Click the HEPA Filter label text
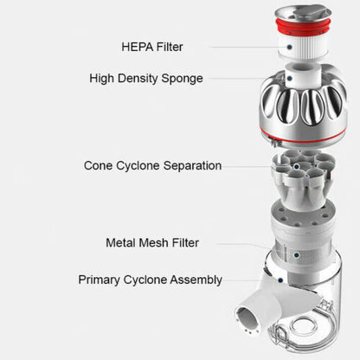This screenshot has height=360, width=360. pyautogui.click(x=152, y=47)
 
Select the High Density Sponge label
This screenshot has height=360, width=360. pyautogui.click(x=146, y=79)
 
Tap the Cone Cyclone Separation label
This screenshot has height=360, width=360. pyautogui.click(x=152, y=165)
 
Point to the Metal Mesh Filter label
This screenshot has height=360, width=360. pyautogui.click(x=152, y=242)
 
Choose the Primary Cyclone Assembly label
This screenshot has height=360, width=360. pyautogui.click(x=150, y=280)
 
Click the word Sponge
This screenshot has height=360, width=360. pyautogui.click(x=182, y=79)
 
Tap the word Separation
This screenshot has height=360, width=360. pyautogui.click(x=192, y=166)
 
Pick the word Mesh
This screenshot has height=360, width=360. pyautogui.click(x=153, y=242)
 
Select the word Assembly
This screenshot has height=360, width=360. pyautogui.click(x=196, y=280)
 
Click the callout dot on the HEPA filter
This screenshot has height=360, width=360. pyautogui.click(x=289, y=47)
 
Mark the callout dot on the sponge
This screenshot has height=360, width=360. pyautogui.click(x=289, y=78)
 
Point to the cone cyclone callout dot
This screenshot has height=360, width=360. pyautogui.click(x=296, y=166)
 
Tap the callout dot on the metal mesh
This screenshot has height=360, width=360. pyautogui.click(x=297, y=255)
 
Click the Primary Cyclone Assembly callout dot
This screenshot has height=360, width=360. pyautogui.click(x=280, y=280)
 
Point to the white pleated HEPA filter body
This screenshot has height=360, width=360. pyautogui.click(x=303, y=48)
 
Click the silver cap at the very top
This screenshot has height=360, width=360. pyautogui.click(x=303, y=14)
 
